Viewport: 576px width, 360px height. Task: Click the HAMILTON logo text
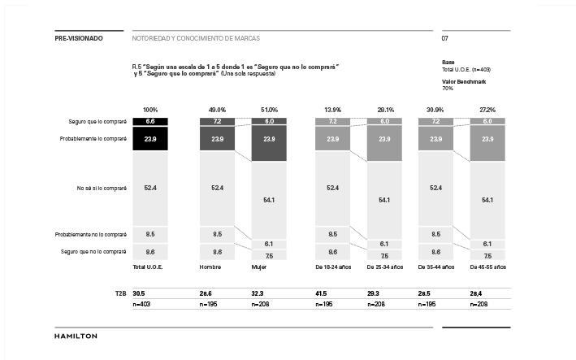coord(76,336)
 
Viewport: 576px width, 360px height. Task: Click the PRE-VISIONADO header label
coord(79,38)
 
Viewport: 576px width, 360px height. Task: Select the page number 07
coord(445,38)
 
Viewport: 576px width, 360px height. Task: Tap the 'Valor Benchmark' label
coord(464,81)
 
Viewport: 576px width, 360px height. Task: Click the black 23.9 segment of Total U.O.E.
coord(149,139)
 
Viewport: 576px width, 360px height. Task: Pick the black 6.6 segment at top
coord(149,121)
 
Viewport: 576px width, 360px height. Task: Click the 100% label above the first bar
coord(150,110)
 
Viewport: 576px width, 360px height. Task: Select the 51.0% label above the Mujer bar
coord(269,110)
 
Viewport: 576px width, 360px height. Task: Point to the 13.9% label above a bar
coord(332,110)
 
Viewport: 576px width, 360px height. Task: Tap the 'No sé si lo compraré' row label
coord(102,188)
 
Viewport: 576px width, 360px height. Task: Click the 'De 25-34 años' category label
coord(385,267)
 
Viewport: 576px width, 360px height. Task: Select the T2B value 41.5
coord(322,293)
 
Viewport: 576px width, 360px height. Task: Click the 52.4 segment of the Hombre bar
coord(217,188)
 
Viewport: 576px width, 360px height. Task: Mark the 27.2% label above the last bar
coord(487,110)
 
